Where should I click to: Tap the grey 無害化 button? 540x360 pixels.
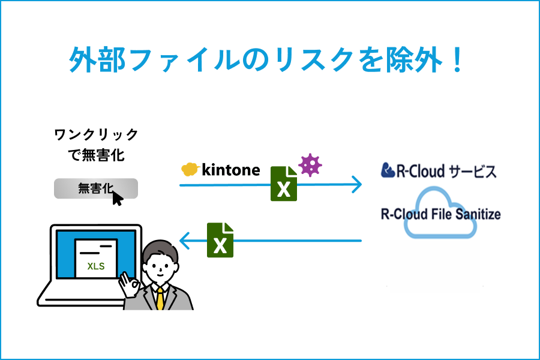point(95,188)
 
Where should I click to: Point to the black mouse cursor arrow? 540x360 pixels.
point(118,197)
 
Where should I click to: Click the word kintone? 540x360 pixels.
point(231,170)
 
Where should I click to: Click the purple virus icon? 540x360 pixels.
point(310,165)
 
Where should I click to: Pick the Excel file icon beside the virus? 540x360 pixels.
point(284,184)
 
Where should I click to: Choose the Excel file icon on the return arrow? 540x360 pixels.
point(220,240)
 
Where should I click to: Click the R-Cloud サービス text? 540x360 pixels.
point(439,171)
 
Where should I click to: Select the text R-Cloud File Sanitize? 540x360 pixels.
point(440,214)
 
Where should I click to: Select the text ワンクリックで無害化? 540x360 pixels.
point(96,145)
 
